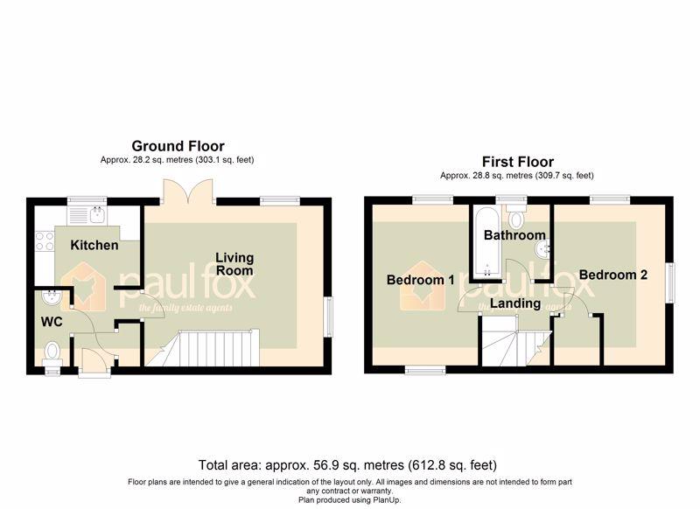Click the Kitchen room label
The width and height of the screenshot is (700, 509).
pos(94,245)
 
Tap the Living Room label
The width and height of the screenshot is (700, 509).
pos(234,264)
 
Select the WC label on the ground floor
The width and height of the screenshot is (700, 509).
pos(52,322)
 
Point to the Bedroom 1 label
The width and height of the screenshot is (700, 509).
pos(420,280)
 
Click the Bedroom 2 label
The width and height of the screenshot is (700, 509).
pos(613,275)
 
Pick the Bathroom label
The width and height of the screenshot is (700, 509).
pos(514,234)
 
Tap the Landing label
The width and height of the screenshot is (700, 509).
pos(515,303)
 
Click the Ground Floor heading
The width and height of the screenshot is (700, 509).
pos(178,146)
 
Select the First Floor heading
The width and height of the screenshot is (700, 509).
pos(518,162)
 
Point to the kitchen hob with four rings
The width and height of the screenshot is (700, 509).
pos(45,241)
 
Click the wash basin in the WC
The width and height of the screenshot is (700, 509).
pos(52,297)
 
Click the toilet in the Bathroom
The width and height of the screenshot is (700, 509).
pos(516,216)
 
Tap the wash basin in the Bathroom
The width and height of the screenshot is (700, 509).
pos(542,249)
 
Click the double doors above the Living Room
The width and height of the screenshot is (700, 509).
pos(188,192)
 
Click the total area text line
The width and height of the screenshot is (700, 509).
pos(347,465)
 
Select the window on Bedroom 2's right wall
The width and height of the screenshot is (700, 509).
pos(670,283)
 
